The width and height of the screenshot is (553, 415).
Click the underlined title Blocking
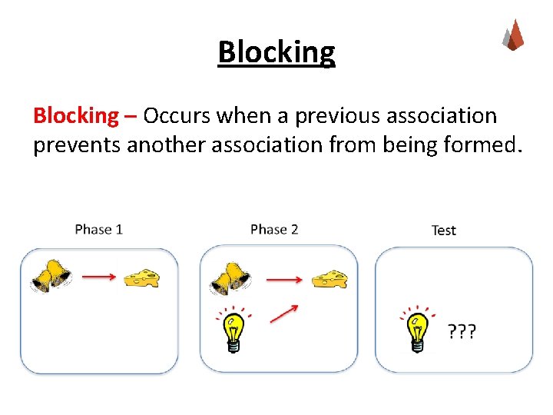tap(276, 52)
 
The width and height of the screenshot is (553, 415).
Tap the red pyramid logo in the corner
tap(513, 35)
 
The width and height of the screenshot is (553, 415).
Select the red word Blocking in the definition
tap(76, 116)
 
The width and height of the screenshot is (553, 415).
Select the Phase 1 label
tap(99, 229)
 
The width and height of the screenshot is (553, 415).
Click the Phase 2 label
tap(274, 229)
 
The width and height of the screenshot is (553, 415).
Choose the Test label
tap(443, 230)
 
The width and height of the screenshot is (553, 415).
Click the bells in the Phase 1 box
tap(51, 276)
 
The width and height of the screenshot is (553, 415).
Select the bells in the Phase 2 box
tap(230, 279)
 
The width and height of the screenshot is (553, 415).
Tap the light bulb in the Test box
tap(416, 330)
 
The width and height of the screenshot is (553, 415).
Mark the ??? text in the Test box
tap(462, 332)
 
